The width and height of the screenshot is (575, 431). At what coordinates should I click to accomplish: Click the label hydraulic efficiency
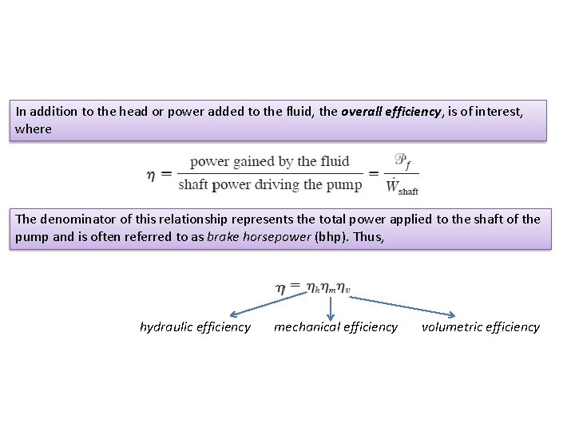[195, 326]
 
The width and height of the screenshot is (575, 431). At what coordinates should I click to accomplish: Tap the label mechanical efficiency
[335, 326]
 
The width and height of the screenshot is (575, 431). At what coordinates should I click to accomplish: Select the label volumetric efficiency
[481, 326]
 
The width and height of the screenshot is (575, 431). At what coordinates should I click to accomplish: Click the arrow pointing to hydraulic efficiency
[264, 306]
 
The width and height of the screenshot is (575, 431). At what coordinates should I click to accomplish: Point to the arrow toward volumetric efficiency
[403, 306]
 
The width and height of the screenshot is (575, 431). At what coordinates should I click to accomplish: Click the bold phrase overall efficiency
[391, 113]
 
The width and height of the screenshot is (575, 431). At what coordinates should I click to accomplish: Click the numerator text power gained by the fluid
[270, 162]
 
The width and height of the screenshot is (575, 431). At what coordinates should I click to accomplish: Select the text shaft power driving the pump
[270, 185]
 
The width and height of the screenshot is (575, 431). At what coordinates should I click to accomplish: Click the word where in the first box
[33, 129]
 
